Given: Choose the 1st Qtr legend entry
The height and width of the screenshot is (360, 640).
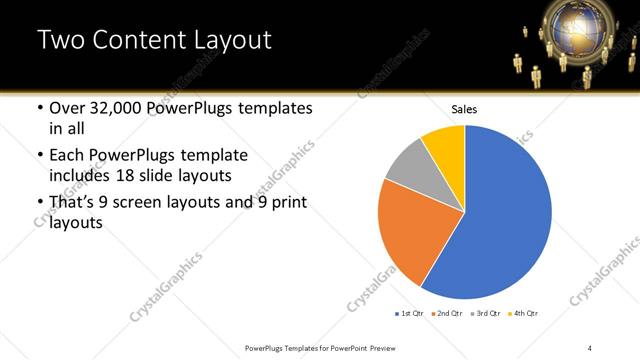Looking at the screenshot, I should point(410,314).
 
